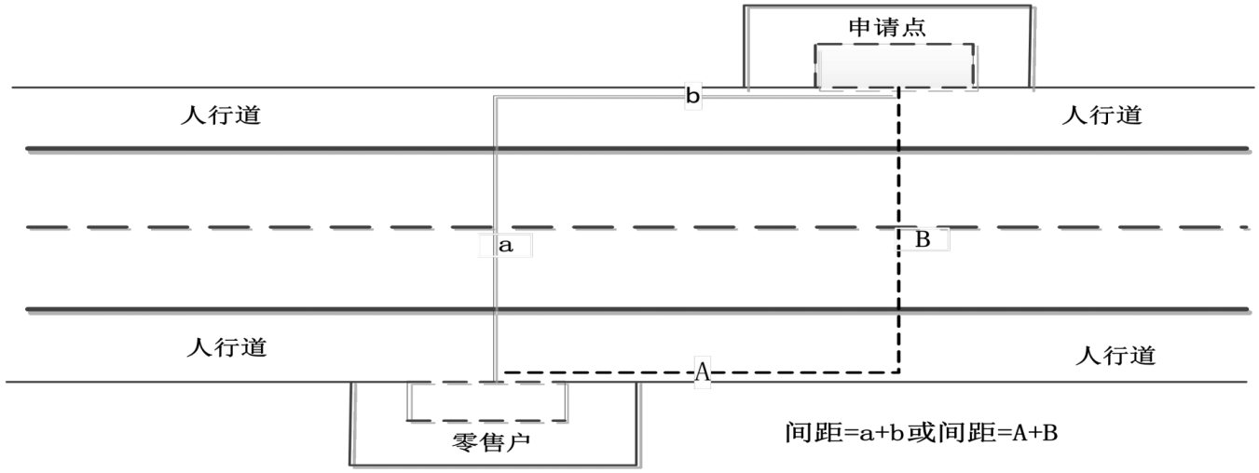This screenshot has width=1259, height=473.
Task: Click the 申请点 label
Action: pyautogui.click(x=887, y=27)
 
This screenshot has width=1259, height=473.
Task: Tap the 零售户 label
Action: pyautogui.click(x=491, y=442)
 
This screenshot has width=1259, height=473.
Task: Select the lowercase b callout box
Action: pyautogui.click(x=693, y=96)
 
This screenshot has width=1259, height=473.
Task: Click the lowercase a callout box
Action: pyautogui.click(x=505, y=246)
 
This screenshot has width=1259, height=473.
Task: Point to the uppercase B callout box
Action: pyautogui.click(x=923, y=239)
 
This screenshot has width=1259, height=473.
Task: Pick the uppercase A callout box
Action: pyautogui.click(x=703, y=372)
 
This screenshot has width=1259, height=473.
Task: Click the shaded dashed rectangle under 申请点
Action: pyautogui.click(x=895, y=66)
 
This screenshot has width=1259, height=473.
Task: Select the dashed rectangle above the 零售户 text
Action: pyautogui.click(x=487, y=401)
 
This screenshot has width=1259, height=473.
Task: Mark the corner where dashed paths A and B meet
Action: pyautogui.click(x=898, y=372)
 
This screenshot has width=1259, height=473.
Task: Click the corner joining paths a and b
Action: pyautogui.click(x=495, y=97)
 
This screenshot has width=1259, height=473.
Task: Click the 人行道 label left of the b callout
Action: pyautogui.click(x=221, y=115)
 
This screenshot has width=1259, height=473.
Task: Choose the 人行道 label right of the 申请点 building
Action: pyautogui.click(x=1102, y=115)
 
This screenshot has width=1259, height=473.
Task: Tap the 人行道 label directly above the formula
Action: pyautogui.click(x=1115, y=356)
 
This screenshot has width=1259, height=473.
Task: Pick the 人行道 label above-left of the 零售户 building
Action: pyautogui.click(x=227, y=347)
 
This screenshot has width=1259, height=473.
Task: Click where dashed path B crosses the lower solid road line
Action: pyautogui.click(x=898, y=309)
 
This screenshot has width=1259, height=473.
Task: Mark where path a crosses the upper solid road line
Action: pyautogui.click(x=495, y=149)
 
